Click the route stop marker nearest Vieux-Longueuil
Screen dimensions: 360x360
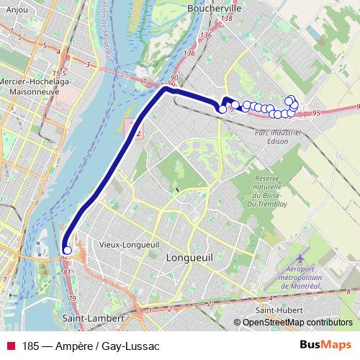point(67,251)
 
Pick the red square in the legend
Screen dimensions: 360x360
point(11,345)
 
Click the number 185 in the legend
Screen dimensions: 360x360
point(32,345)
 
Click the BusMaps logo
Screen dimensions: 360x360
point(325,345)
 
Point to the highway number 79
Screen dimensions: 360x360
point(71,298)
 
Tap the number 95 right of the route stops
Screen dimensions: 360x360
point(317,113)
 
